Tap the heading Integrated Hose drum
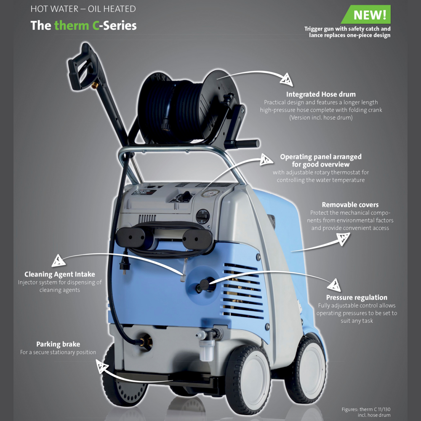(x=321, y=94)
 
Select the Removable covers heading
(x=350, y=205)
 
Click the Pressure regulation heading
(x=357, y=297)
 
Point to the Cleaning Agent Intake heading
(x=60, y=274)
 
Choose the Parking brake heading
(x=58, y=344)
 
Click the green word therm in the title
(x=72, y=25)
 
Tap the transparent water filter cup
(x=207, y=350)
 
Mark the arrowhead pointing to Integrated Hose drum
(x=286, y=79)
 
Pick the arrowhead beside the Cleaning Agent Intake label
(x=58, y=260)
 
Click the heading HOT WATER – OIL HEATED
(x=83, y=9)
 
